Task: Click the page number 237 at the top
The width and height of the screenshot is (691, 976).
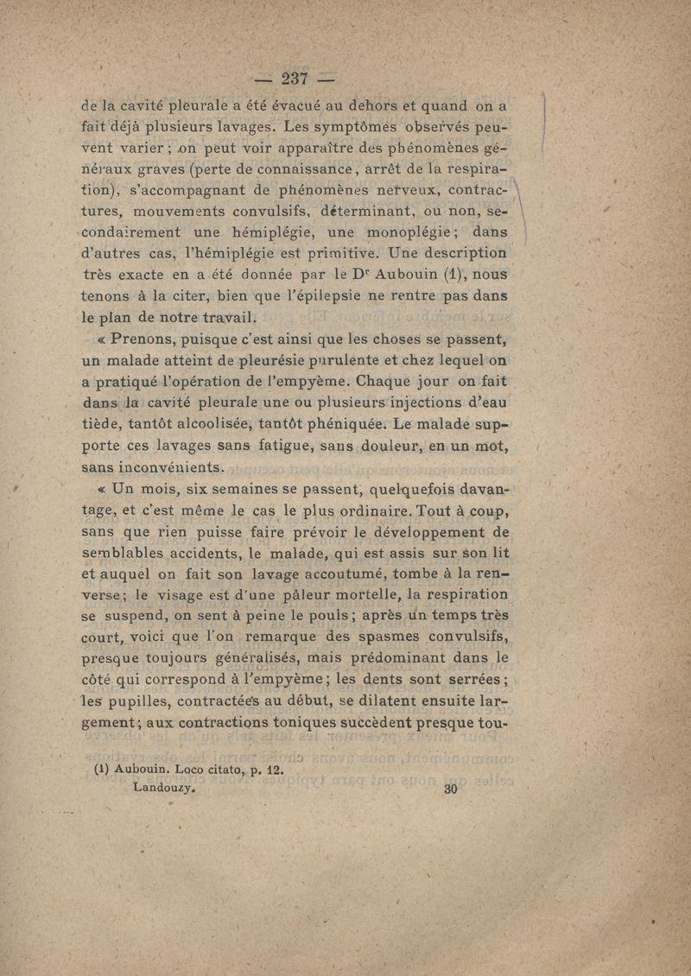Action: coord(295,79)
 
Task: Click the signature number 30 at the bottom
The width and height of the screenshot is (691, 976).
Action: coord(449,788)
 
